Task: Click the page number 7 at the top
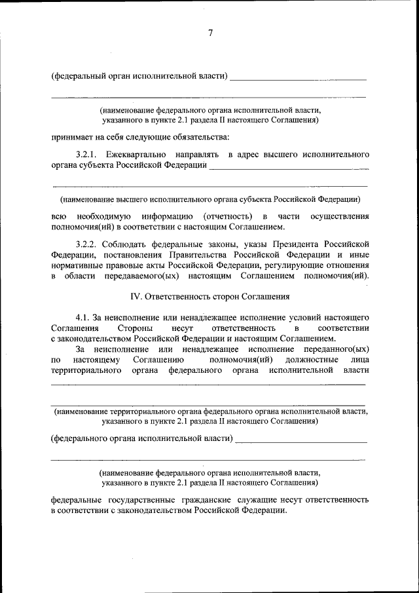tap(210, 33)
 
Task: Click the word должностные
tap(312, 360)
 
